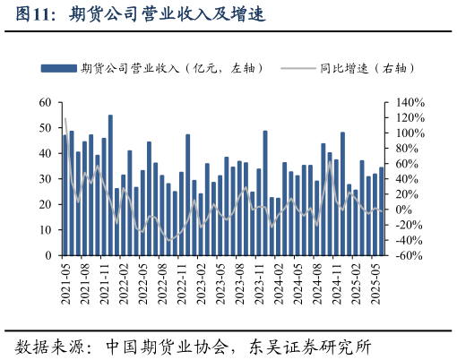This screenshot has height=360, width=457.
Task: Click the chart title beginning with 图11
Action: point(142,15)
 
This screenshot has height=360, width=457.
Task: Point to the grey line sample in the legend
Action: point(297,68)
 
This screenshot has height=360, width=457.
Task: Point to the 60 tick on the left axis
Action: point(45,103)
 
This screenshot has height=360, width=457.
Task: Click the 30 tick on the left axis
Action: point(45,179)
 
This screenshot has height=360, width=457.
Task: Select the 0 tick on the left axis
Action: point(48,255)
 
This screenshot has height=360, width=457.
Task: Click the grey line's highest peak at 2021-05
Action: point(65,118)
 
